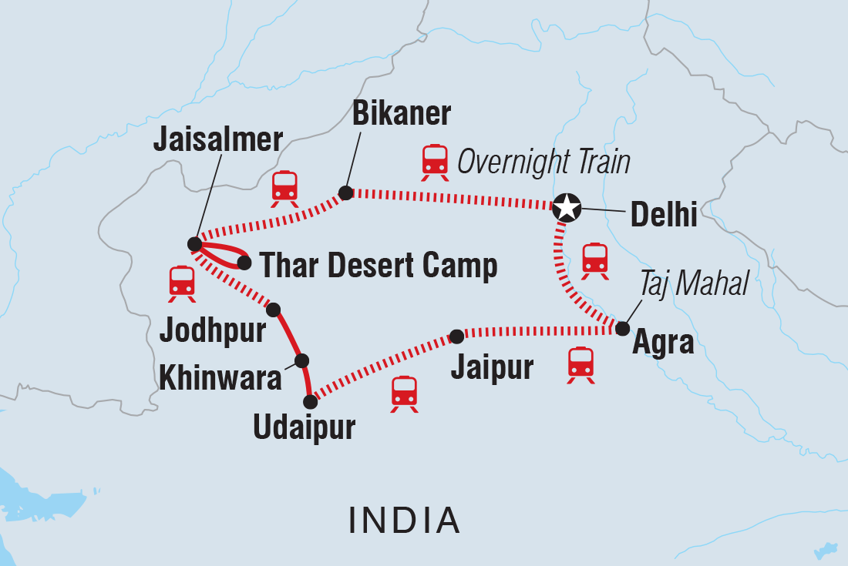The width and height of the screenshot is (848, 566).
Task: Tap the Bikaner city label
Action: coord(401,115)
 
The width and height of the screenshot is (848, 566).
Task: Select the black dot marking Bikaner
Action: coord(346,193)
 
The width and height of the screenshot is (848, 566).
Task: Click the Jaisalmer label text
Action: coord(218,140)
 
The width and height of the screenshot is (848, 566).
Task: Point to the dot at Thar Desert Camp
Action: coord(244,263)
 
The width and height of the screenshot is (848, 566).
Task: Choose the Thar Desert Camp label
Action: coord(378,266)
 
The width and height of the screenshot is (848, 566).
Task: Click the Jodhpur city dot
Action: coord(273,310)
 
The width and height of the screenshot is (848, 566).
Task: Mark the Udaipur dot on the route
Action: coord(311,401)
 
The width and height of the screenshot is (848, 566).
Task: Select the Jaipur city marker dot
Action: coord(456,336)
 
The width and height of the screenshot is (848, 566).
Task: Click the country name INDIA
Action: coord(405,521)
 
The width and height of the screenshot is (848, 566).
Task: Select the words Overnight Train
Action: coord(543,162)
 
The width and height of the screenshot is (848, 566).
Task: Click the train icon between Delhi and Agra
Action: coord(595,260)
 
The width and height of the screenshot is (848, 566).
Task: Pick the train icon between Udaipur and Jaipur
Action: coord(404,394)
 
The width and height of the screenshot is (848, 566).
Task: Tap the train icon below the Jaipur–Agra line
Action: coord(580,364)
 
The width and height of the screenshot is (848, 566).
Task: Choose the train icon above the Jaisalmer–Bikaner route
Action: coord(284,188)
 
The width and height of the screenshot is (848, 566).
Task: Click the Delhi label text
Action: coord(664,215)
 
